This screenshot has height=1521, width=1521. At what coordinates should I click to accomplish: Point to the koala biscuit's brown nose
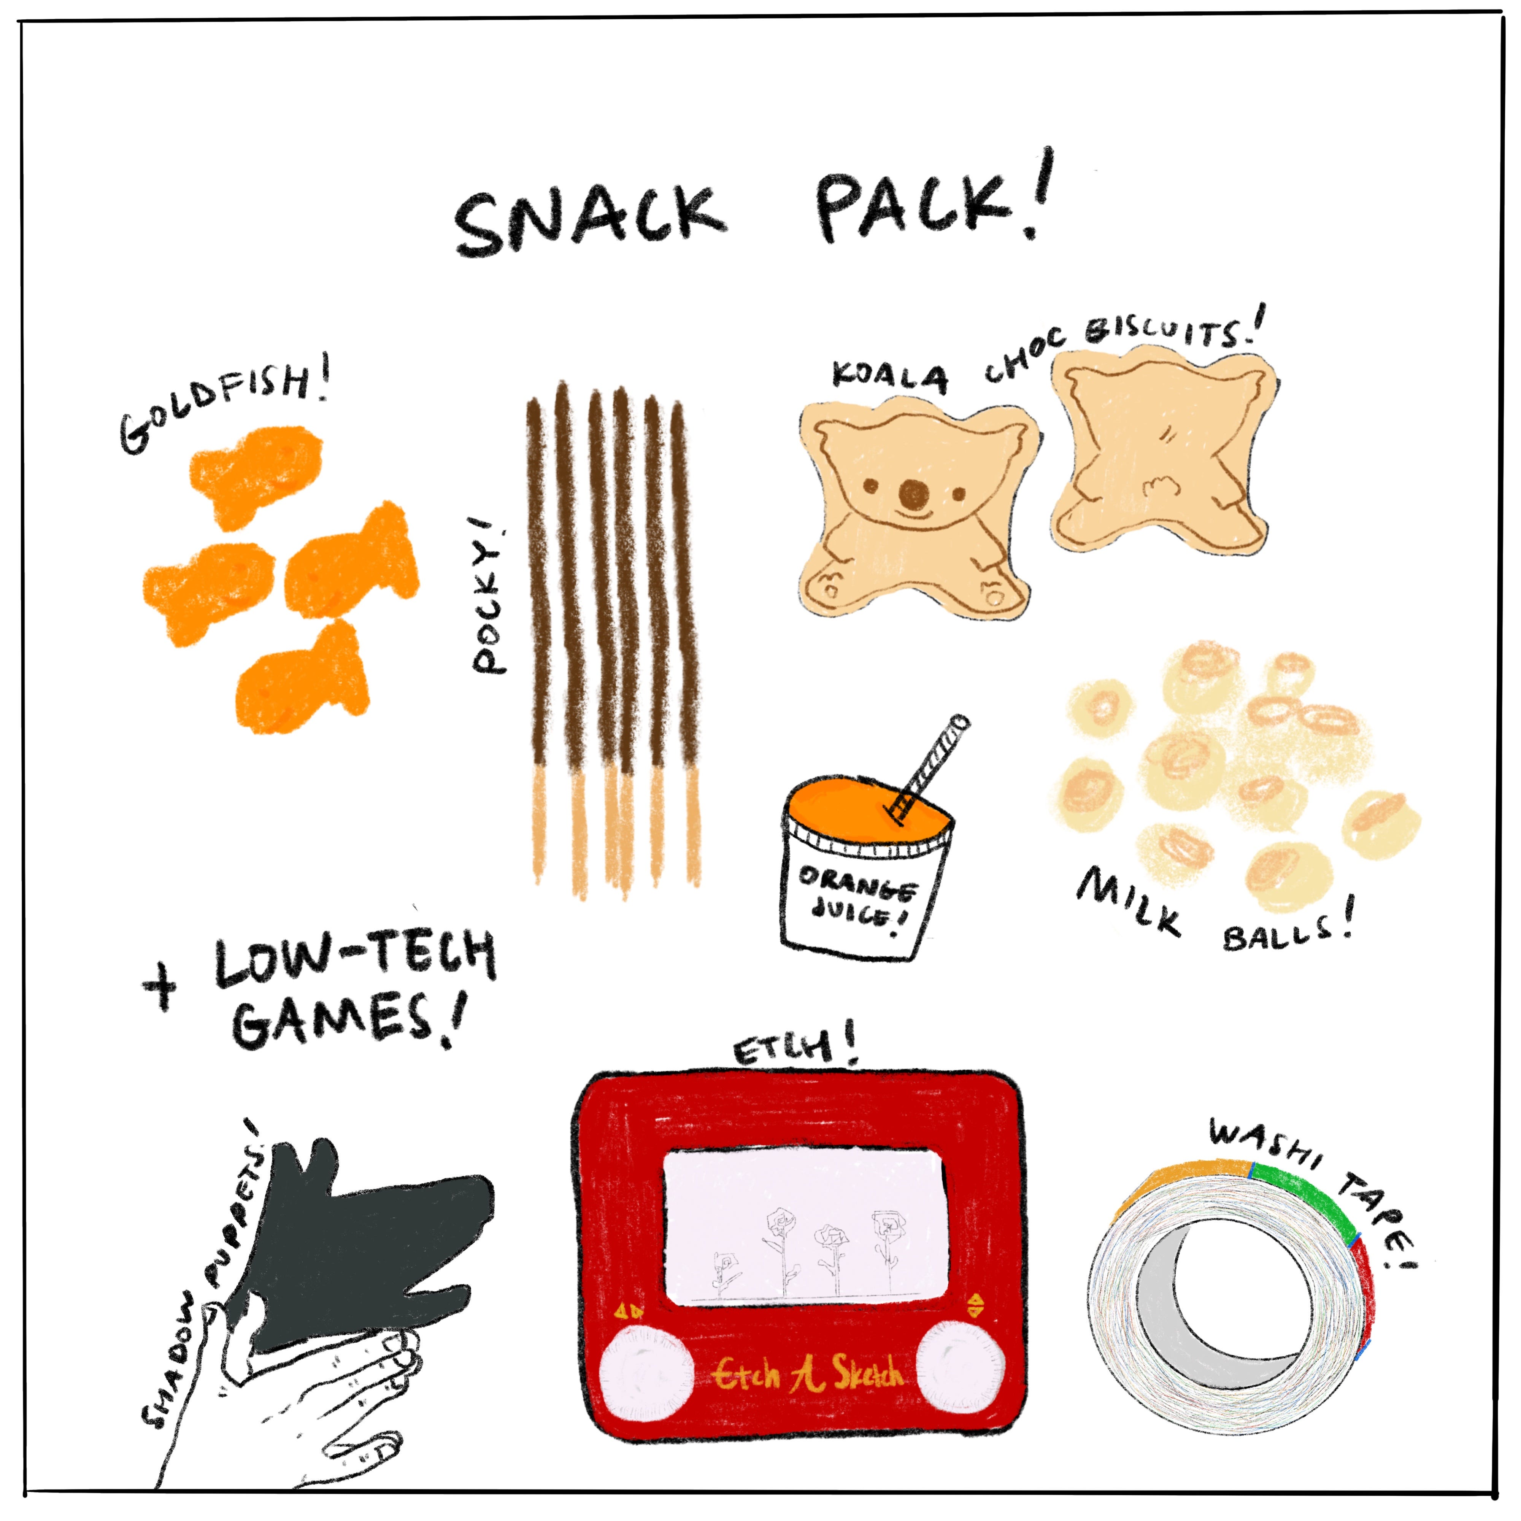click(x=913, y=494)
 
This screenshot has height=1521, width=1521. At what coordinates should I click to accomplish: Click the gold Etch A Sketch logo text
click(x=807, y=1374)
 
